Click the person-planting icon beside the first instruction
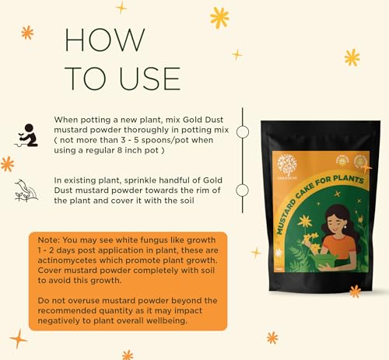point(28,135)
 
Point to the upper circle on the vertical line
point(242,133)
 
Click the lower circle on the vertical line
point(242,190)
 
